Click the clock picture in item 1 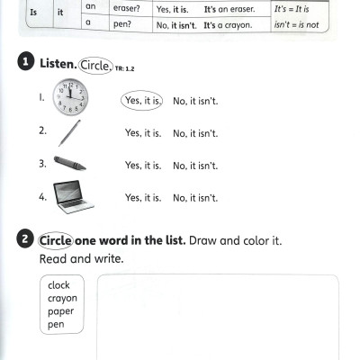pos(69,98)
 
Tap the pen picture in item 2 pos(69,132)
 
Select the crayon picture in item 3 pos(70,164)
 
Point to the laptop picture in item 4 pos(72,197)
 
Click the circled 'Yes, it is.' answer pos(143,100)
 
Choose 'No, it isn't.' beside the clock pos(195,100)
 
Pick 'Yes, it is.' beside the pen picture pos(143,133)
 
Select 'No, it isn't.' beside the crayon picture pos(195,166)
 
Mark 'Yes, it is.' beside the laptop pos(143,198)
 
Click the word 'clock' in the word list pos(58,285)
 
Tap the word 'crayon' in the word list pos(62,298)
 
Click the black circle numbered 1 pos(24,64)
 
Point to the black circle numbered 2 pos(24,240)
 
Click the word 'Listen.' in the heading pos(58,65)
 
